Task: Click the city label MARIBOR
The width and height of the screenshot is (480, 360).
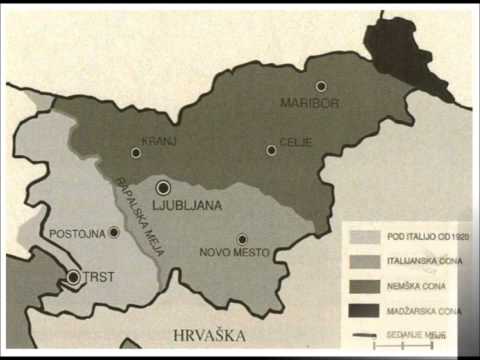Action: (308, 103)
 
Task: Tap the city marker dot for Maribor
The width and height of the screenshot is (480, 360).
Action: (321, 86)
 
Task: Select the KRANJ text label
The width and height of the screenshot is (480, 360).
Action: (159, 141)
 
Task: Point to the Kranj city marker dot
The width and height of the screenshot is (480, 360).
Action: (136, 153)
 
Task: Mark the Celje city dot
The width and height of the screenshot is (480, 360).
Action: (271, 150)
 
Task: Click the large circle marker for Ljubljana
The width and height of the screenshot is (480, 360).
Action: (163, 187)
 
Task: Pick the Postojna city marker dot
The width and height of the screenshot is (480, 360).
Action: (114, 232)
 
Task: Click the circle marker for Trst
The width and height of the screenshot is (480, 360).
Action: (73, 277)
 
